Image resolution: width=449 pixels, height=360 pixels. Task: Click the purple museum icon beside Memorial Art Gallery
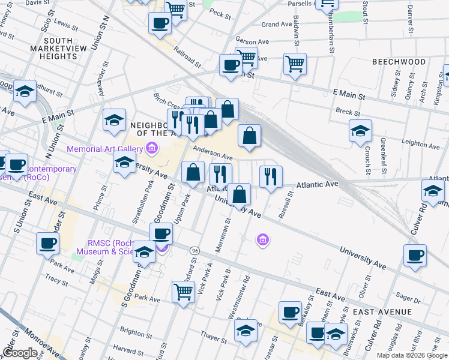coord(151,148)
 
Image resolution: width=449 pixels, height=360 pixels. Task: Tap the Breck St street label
coord(348,112)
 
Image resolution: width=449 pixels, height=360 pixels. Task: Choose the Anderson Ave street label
coord(212,154)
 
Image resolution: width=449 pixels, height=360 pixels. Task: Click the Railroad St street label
coord(187,56)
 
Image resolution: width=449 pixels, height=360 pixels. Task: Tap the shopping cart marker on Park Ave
coord(184,292)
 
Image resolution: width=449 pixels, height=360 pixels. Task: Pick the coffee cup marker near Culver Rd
coord(415,255)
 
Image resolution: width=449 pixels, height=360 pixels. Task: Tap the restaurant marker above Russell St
coord(271,175)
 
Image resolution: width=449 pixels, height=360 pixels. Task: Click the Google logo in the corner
coord(19,352)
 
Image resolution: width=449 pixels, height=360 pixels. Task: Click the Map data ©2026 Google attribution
coord(412,355)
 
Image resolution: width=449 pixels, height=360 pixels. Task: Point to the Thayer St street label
coord(211,337)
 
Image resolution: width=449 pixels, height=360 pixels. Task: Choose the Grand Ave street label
coord(277,25)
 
